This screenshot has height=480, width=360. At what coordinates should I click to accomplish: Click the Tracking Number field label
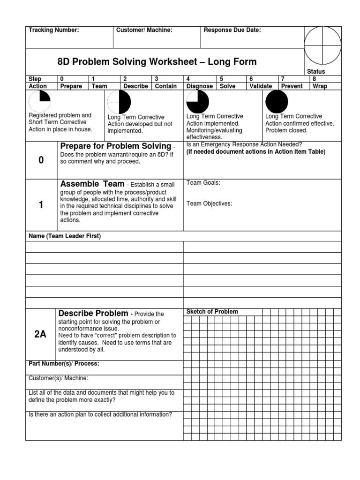(x=54, y=30)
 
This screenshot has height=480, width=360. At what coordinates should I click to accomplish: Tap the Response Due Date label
(x=232, y=30)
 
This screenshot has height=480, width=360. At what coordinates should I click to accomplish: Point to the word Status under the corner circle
(x=316, y=71)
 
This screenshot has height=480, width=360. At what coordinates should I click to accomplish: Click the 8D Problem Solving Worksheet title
(x=157, y=62)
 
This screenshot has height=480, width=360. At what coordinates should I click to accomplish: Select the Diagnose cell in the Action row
(x=200, y=86)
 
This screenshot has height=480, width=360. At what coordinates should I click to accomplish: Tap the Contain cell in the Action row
(x=165, y=86)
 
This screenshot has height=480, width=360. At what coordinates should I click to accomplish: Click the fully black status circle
(x=277, y=102)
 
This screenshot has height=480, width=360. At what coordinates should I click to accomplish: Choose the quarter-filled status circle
(x=40, y=102)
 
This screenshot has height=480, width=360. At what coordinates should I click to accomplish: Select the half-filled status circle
(x=119, y=102)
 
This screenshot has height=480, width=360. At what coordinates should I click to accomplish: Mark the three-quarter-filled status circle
(x=198, y=102)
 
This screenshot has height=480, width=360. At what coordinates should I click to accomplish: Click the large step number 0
(x=41, y=160)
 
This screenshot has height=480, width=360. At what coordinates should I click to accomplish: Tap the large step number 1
(x=41, y=205)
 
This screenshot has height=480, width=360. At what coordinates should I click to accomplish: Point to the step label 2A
(x=41, y=334)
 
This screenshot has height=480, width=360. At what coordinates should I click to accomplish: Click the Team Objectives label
(x=209, y=203)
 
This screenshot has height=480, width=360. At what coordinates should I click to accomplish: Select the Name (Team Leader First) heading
(x=65, y=236)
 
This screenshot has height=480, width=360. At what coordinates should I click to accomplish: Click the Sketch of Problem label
(x=212, y=312)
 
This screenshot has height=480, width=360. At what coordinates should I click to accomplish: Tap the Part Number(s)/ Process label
(x=64, y=364)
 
